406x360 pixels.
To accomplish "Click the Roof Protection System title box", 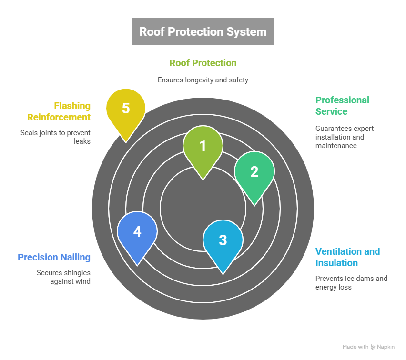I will (203, 31).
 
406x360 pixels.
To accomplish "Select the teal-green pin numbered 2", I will (254, 172).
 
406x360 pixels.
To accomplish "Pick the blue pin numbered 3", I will (223, 240).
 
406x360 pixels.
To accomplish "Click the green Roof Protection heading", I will (203, 63).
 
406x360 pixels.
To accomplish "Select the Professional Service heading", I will (342, 106).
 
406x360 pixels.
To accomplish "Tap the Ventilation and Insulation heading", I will (347, 257).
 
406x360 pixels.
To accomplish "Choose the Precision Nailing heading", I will (54, 257).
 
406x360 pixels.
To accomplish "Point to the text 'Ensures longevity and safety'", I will (203, 80).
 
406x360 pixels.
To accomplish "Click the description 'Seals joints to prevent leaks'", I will (55, 137).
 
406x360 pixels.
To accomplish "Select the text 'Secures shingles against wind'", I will (63, 277).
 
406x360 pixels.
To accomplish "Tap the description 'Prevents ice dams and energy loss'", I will (351, 283).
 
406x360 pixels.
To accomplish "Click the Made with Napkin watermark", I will (368, 347).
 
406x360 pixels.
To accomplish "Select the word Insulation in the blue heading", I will (336, 263).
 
